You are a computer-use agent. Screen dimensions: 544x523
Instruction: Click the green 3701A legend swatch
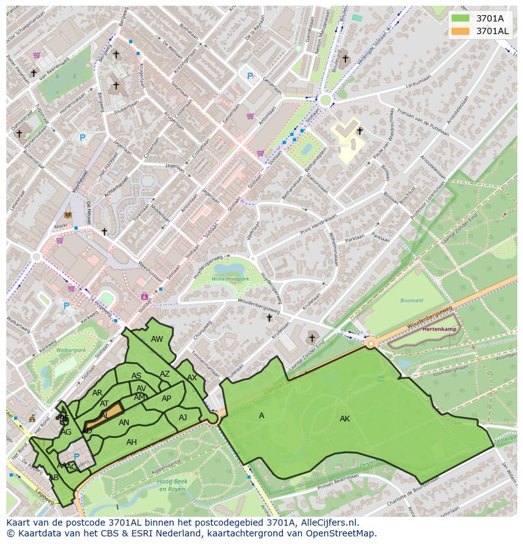460,18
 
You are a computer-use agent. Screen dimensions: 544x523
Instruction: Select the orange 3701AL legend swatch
460,31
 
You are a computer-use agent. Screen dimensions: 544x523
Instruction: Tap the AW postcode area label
157,339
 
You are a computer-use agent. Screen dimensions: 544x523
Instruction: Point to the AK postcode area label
344,419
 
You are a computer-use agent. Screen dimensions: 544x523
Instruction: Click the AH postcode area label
131,442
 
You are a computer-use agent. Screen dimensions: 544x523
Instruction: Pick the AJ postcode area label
183,418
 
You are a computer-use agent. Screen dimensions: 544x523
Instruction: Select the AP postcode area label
166,399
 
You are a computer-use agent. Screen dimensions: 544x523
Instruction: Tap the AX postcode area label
191,378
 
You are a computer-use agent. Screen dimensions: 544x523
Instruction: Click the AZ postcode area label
164,374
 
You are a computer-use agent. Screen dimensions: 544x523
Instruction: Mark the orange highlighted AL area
105,415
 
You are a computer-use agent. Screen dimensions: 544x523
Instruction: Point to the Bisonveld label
411,301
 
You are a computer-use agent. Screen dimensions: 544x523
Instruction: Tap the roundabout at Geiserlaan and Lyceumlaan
325,99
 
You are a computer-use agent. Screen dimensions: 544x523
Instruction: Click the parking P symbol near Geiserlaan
249,76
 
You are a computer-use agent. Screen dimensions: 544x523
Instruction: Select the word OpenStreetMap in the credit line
341,533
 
